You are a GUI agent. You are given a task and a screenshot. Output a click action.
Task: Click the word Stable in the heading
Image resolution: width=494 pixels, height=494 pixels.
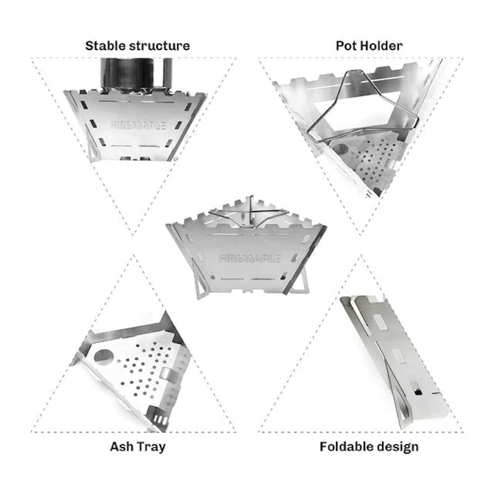click(x=106, y=46)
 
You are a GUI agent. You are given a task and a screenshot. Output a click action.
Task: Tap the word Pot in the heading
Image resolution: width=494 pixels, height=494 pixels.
click(x=346, y=46)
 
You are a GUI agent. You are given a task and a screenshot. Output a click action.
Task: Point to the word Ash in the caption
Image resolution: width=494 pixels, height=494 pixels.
click(x=121, y=446)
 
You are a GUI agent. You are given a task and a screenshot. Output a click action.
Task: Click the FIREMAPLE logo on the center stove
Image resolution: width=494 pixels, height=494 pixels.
click(x=250, y=259)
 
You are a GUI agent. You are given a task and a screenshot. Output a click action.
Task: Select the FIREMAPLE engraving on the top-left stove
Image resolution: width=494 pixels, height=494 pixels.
click(x=138, y=125)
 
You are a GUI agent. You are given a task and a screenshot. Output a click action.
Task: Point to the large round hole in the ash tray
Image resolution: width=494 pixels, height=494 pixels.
click(x=104, y=357)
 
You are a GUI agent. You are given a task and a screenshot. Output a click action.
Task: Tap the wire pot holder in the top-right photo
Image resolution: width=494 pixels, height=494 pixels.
click(x=362, y=107)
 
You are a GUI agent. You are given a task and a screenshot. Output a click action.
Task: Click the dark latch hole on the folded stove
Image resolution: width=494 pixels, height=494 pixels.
click(x=418, y=391)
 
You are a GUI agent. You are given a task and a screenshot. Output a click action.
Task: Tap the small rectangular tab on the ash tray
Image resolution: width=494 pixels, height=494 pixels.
click(x=167, y=374)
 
